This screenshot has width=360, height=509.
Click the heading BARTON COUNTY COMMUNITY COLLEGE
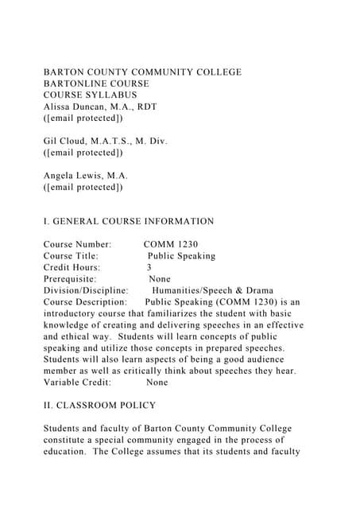(x=142, y=72)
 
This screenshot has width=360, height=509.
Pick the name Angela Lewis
(x=73, y=176)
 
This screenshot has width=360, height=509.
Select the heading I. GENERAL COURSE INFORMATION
(x=129, y=221)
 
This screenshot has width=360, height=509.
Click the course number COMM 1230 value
(x=172, y=244)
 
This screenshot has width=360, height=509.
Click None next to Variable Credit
(x=157, y=382)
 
